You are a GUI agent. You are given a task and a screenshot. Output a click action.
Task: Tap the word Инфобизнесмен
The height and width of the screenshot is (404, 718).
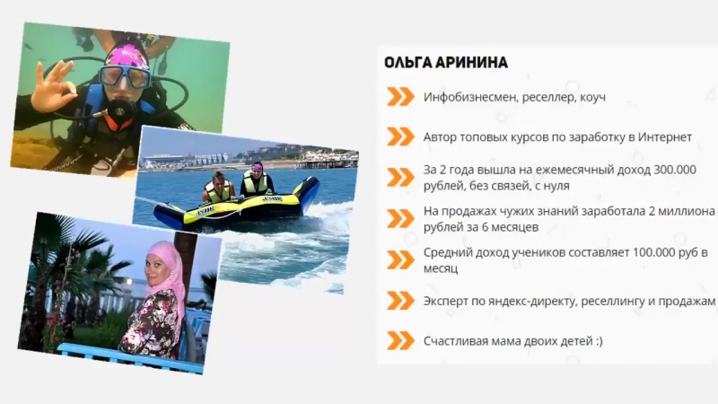tap(469, 97)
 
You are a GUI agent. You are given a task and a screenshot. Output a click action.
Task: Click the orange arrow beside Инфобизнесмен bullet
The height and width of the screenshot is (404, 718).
tap(399, 96)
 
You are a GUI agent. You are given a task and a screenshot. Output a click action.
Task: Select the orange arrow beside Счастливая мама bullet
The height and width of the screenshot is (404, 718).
tap(399, 341)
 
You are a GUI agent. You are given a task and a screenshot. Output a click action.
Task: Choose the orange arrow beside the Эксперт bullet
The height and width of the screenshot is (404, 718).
tap(399, 301)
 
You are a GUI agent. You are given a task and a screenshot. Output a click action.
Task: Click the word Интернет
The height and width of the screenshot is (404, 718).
tap(661, 137)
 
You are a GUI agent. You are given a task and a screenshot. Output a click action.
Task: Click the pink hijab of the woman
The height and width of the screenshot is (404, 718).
tap(165, 269)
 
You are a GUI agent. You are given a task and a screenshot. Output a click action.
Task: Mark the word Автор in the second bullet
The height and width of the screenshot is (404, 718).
tap(442, 137)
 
